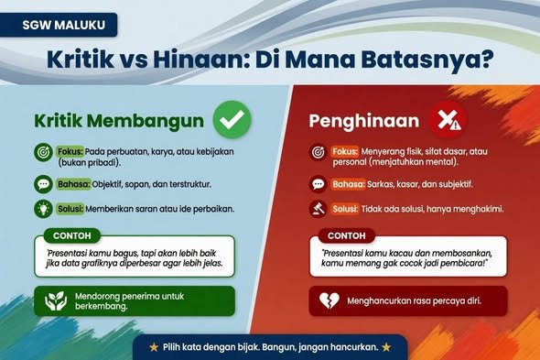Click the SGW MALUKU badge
tap(59, 25)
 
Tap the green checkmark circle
tap(232, 120)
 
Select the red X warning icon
tap(448, 120)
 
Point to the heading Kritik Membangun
tap(119, 121)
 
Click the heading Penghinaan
tap(364, 121)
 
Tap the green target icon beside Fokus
tap(43, 152)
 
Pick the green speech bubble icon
tap(43, 184)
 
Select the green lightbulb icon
tap(43, 209)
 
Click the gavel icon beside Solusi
tap(318, 209)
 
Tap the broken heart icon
tap(329, 300)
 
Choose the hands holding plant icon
tap(56, 300)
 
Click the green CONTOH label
tap(72, 235)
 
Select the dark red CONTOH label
tap(347, 235)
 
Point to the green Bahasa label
tap(74, 184)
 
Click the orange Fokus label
tap(345, 151)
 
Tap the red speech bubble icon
tap(318, 184)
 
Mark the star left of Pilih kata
tap(154, 347)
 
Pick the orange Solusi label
tap(345, 209)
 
